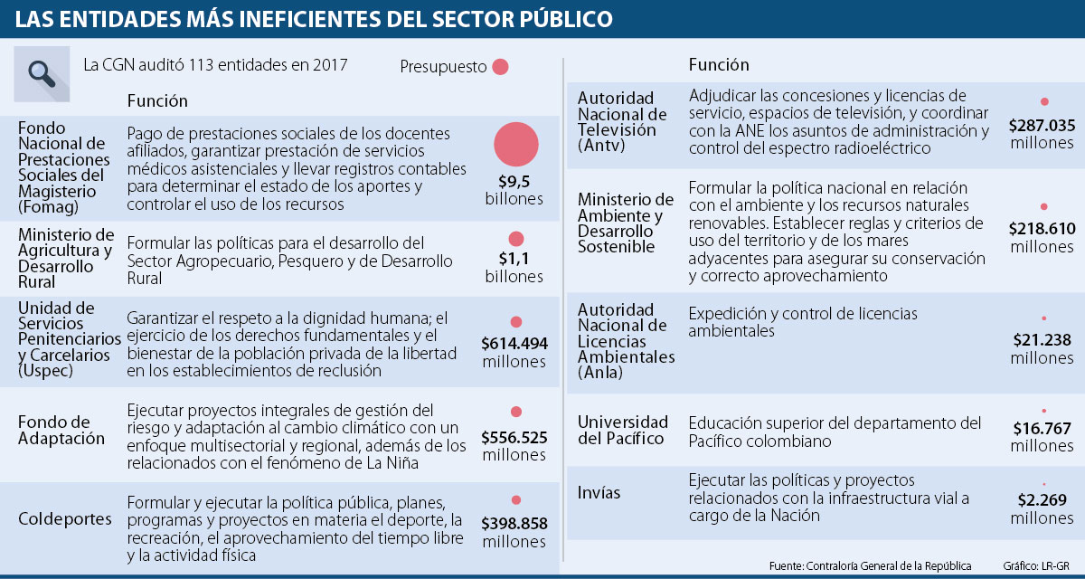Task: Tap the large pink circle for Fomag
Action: pos(516,144)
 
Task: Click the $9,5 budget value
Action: pos(514,180)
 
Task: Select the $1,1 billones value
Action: pos(514,259)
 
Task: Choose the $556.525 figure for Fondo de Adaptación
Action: pos(514,437)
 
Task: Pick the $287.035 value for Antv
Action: pos(1043,125)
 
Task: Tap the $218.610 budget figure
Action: pos(1043,229)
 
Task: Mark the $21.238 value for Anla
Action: pos(1043,340)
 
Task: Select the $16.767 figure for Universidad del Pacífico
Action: pos(1043,428)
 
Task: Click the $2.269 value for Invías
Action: pos(1043,499)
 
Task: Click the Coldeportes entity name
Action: pos(66,519)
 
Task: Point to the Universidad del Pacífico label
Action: pos(623,430)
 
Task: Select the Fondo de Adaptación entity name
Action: pos(61,430)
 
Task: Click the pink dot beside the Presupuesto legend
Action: pos(500,67)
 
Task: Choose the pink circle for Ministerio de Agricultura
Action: pos(516,239)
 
